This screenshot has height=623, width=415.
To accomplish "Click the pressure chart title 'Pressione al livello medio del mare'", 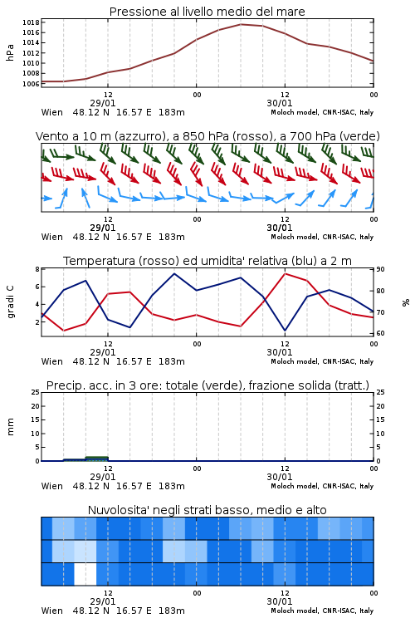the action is (207, 12).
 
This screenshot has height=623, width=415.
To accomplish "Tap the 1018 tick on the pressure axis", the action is (31, 22).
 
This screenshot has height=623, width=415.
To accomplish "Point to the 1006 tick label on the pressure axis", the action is (31, 84).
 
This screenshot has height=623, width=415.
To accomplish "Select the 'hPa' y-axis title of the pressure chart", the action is (10, 52).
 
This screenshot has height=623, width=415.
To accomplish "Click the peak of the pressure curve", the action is (241, 24).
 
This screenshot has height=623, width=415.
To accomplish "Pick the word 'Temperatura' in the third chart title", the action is (100, 261).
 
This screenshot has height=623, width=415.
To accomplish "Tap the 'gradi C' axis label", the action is (10, 302).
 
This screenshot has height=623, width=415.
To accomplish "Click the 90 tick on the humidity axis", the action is (380, 269).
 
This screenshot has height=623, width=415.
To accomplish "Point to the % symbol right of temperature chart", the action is (406, 302).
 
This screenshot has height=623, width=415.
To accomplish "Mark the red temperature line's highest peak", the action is (286, 274).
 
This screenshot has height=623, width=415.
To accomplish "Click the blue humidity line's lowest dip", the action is (286, 330).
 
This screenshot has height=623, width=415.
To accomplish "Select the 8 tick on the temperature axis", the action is (37, 269).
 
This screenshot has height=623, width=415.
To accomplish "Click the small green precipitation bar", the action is (96, 459).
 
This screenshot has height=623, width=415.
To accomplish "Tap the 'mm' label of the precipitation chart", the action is (10, 427).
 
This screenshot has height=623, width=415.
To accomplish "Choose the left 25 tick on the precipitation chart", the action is (36, 393).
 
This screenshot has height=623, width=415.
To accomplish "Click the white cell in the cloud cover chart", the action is (85, 574).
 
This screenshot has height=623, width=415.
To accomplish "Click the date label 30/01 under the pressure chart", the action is (280, 103).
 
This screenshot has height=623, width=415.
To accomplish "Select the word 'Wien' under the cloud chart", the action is (52, 611).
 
